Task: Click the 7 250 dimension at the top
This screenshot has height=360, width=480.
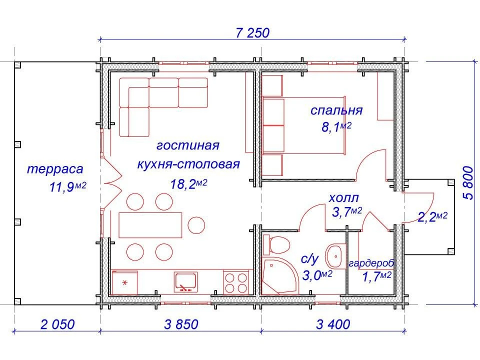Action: tap(252, 33)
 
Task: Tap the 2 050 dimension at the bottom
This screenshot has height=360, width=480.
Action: tap(57, 324)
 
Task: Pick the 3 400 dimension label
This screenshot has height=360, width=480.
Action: tap(333, 324)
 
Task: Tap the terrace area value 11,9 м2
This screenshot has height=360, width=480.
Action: tap(68, 187)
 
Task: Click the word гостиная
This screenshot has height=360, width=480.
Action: tap(188, 145)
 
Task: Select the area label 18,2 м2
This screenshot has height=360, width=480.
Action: tap(188, 184)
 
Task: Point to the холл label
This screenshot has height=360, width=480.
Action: tap(343, 198)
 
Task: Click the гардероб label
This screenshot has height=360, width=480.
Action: tap(371, 263)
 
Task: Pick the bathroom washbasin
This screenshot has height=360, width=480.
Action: tap(333, 256)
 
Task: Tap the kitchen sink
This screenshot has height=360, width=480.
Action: tap(185, 282)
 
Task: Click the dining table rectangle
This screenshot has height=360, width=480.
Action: tap(150, 224)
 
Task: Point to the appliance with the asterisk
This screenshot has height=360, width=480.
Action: tap(125, 282)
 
